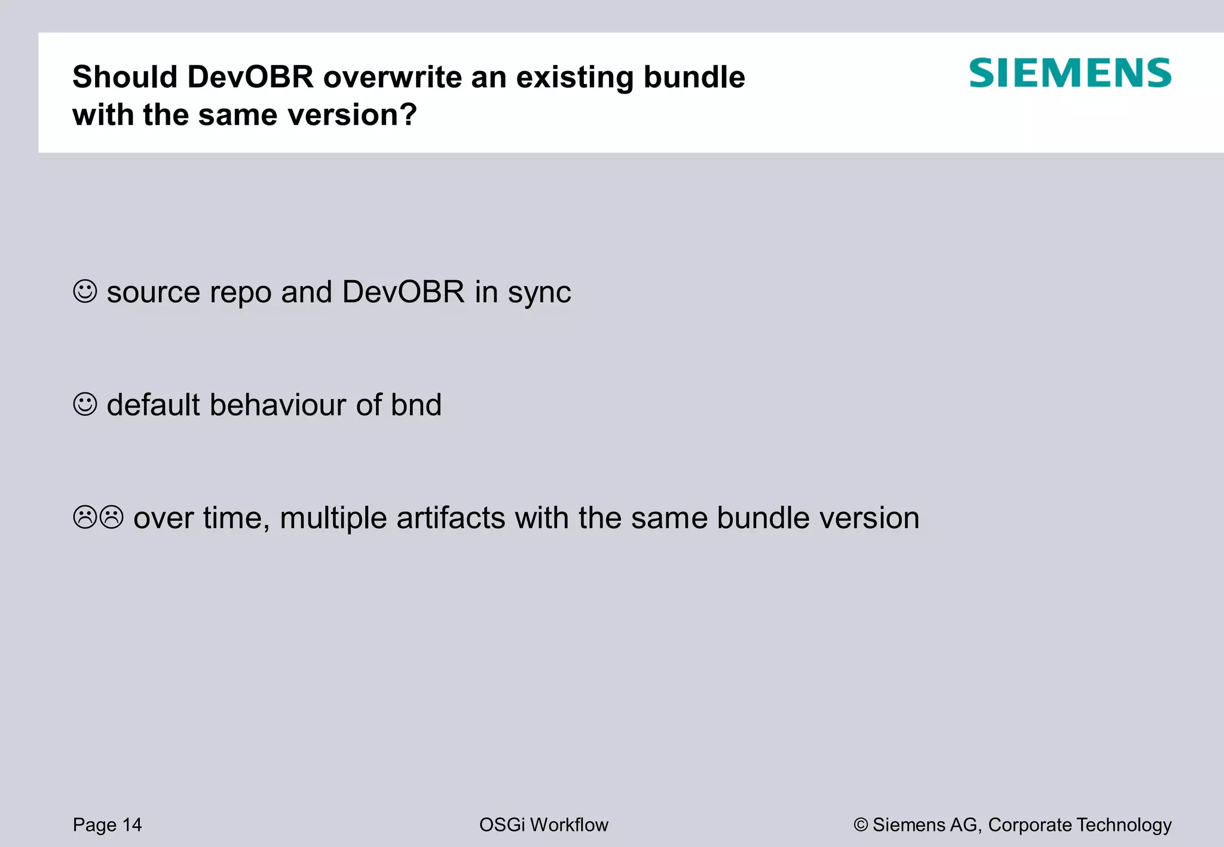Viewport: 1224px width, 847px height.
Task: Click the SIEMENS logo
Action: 1070,73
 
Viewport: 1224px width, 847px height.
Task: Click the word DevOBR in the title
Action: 250,77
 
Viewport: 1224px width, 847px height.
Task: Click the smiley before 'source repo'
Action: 85,291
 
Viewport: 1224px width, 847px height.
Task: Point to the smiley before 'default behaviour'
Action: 85,404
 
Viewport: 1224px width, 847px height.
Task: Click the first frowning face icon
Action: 84,517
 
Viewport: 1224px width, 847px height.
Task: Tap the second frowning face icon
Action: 111,517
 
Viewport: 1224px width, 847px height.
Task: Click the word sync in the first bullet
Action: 539,293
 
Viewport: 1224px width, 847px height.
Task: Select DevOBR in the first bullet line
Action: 403,292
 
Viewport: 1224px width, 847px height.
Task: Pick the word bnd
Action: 416,405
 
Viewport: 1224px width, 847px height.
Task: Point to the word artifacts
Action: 451,518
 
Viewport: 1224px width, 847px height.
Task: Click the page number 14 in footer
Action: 132,825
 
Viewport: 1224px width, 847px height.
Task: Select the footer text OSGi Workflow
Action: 543,825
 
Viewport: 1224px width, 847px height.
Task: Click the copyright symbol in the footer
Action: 860,825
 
